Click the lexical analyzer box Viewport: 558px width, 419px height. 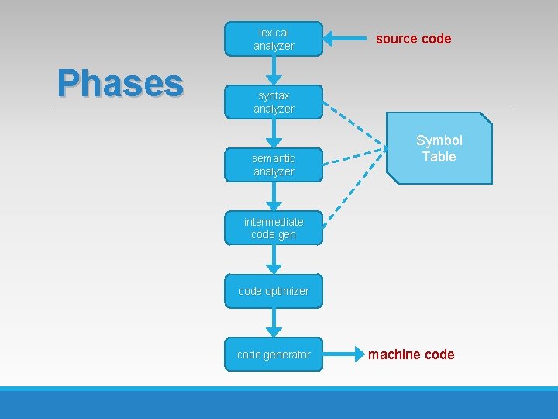(273, 39)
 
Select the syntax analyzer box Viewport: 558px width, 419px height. (273, 102)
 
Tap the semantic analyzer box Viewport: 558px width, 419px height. (273, 164)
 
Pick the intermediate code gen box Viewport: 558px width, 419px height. (273, 227)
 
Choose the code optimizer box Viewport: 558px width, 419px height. (273, 291)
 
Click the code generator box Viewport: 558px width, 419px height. (273, 355)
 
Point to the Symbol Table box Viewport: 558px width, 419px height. (439, 148)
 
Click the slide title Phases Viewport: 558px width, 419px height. (120, 83)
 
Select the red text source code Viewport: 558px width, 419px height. (413, 39)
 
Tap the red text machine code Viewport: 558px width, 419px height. (411, 355)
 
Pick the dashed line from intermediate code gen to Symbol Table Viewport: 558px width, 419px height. (355, 186)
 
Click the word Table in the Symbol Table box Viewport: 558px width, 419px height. (439, 157)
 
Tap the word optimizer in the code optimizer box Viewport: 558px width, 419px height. (287, 291)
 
